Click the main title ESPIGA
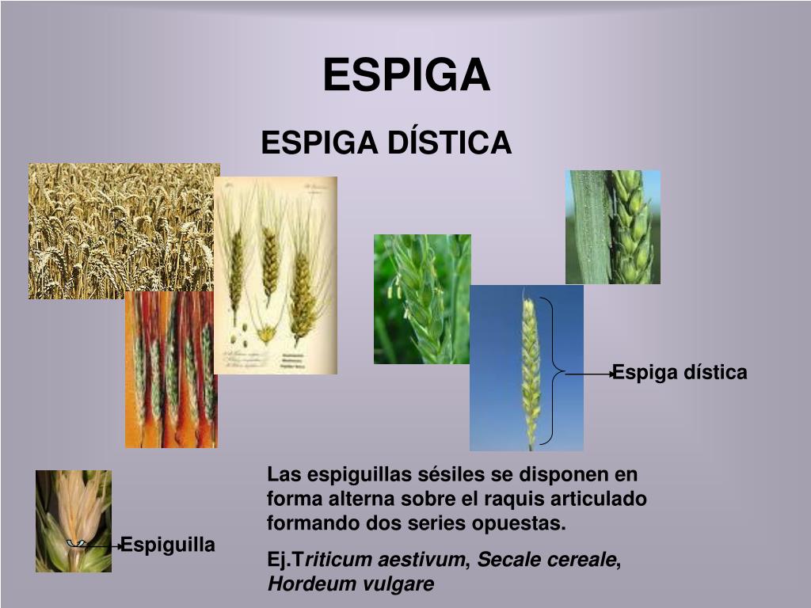[x=406, y=76]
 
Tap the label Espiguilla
[x=168, y=545]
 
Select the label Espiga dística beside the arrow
[x=680, y=373]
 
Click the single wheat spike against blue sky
[x=526, y=368]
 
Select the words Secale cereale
[x=546, y=560]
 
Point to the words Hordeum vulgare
[x=351, y=584]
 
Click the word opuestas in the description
[x=527, y=523]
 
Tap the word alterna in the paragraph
[x=353, y=500]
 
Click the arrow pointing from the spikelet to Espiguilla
[x=99, y=545]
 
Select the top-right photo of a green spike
[x=612, y=226]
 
